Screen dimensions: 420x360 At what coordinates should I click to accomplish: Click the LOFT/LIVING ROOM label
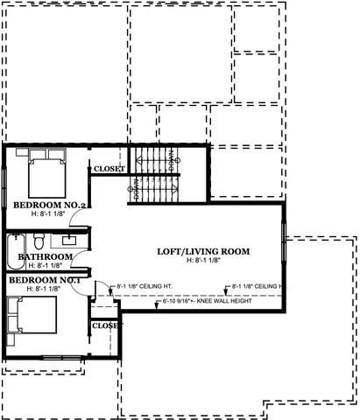click(202, 251)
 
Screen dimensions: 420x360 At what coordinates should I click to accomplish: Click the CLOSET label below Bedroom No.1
click(106, 325)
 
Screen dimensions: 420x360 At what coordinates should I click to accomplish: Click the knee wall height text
click(206, 303)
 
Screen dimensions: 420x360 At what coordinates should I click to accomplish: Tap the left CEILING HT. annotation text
click(145, 285)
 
